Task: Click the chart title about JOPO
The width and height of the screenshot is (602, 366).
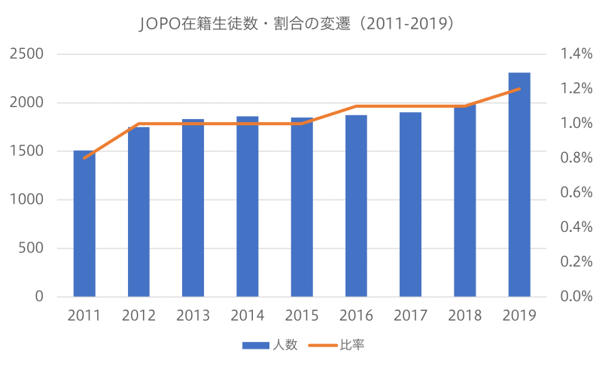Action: (x=301, y=23)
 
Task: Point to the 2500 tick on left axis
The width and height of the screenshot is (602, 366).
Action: (x=26, y=54)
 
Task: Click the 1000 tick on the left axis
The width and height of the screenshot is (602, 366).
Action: (x=26, y=200)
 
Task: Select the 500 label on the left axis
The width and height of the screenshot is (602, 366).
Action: (x=31, y=249)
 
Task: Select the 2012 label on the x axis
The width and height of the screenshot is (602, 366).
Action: (x=138, y=316)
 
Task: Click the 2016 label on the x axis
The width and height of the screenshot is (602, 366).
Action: (x=356, y=316)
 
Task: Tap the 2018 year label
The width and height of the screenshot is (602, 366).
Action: (x=465, y=316)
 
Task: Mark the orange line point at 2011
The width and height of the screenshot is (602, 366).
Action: (x=84, y=158)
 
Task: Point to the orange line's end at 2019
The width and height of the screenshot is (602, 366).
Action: (x=519, y=89)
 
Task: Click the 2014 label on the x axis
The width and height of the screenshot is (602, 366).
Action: (x=248, y=316)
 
